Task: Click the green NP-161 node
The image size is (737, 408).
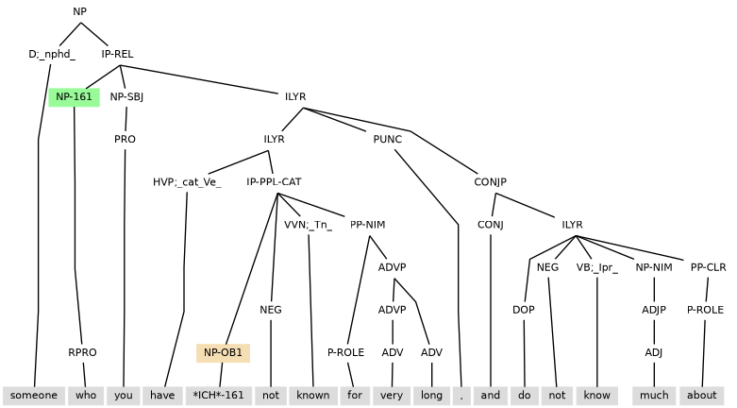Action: [74, 96]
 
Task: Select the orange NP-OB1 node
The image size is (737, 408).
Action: [223, 352]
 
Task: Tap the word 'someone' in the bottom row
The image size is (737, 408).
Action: [34, 395]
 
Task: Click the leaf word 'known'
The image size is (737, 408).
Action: [312, 395]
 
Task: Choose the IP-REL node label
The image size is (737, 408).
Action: [118, 54]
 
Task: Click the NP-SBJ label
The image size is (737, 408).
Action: [126, 96]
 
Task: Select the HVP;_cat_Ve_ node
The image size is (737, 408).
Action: [187, 182]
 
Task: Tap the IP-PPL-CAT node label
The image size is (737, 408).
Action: [274, 182]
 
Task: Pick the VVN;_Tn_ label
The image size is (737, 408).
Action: [308, 225]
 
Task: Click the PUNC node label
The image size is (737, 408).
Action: [388, 139]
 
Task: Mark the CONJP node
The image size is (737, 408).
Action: [491, 182]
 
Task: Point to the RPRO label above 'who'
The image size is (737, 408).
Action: [82, 352]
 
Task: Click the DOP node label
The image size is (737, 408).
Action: [524, 310]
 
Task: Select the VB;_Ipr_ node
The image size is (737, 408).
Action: [597, 267]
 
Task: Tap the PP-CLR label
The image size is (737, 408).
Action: [708, 267]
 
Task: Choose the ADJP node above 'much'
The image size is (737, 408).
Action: [654, 310]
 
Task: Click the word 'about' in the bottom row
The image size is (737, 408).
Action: [703, 395]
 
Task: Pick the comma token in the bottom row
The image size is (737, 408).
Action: [461, 395]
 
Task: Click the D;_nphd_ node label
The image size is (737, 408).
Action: [52, 54]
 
